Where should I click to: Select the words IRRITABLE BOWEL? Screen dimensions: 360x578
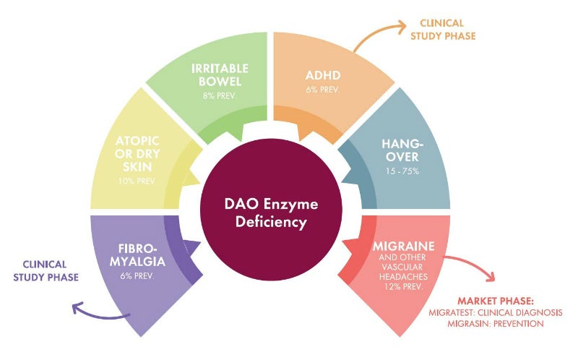point(220,74)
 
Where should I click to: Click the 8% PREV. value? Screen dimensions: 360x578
point(220,95)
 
